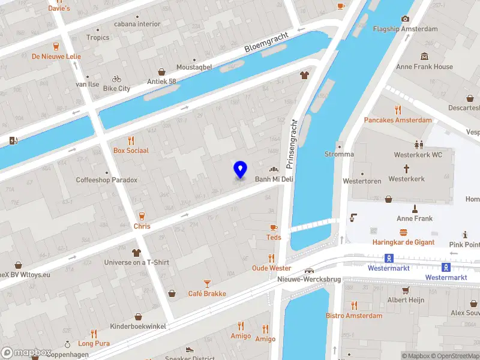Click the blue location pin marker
240,170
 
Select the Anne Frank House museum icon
424,56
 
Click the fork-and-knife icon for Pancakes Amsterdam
397,110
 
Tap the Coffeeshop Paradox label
106,180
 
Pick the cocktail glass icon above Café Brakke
207,283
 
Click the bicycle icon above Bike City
116,79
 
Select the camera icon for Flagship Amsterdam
405,19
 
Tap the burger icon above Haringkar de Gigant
403,232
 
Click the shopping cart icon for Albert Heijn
406,290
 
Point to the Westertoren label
362,181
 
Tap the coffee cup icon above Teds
274,227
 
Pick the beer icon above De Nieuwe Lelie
56,46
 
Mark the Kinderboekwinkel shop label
138,326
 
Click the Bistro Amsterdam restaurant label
353,316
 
